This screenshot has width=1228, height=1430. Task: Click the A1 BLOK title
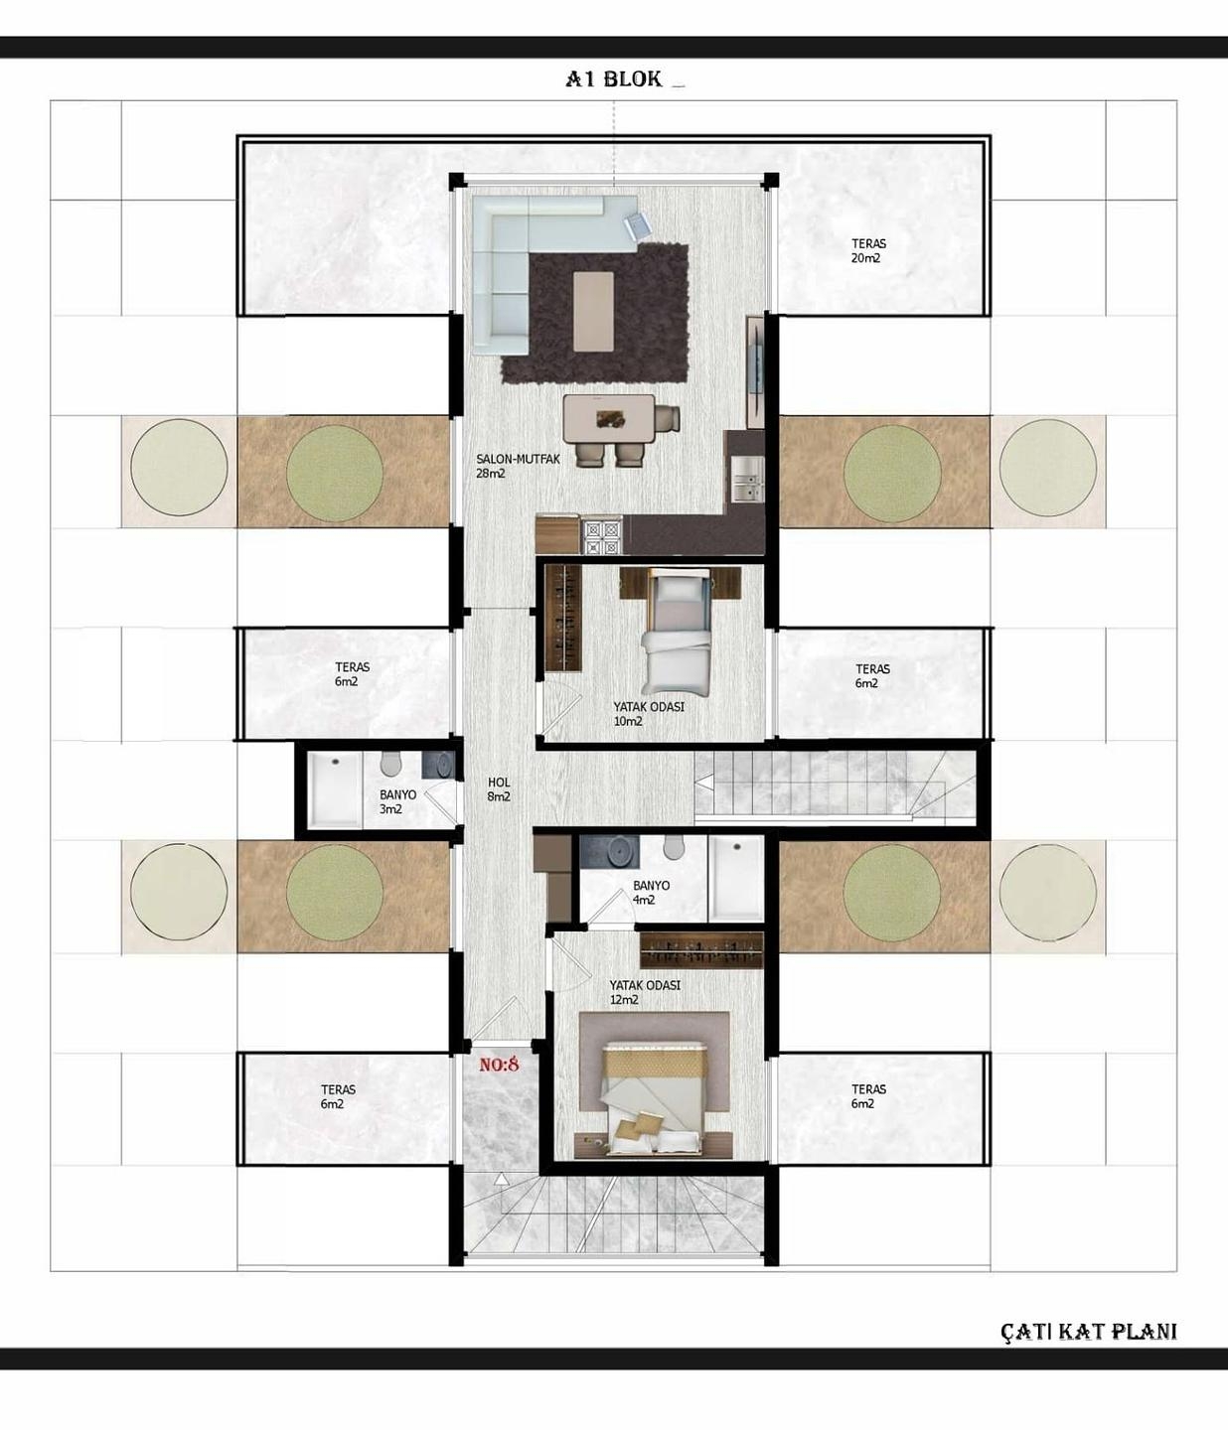click(614, 79)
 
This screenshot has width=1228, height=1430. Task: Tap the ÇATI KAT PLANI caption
click(1088, 1331)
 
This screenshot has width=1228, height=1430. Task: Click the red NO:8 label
click(500, 1065)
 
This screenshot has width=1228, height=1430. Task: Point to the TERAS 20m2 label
click(867, 250)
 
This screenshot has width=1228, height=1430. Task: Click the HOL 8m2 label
click(499, 789)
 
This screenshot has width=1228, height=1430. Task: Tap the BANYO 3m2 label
click(396, 801)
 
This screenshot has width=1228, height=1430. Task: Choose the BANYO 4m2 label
click(651, 892)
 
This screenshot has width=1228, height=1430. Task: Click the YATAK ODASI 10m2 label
click(648, 714)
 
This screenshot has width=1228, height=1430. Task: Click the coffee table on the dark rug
click(593, 311)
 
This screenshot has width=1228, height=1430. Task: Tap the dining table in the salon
click(608, 418)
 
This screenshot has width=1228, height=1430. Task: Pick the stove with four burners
click(602, 536)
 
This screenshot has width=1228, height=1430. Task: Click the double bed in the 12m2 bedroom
click(655, 1097)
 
